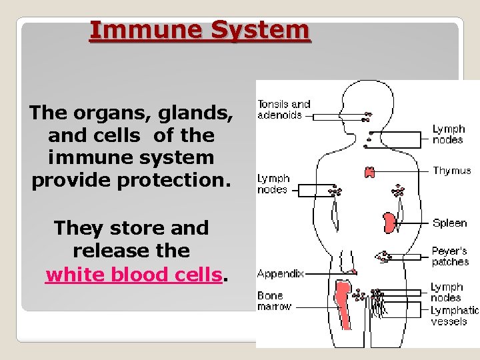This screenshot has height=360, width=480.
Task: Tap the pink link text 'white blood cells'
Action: click(x=133, y=274)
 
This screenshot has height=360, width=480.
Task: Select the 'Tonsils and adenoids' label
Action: click(x=284, y=109)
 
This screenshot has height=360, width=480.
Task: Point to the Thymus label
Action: click(x=451, y=171)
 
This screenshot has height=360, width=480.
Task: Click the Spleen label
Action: click(x=449, y=223)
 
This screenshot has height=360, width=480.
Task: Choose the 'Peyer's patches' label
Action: click(x=450, y=257)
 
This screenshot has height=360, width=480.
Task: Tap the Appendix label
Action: click(x=280, y=273)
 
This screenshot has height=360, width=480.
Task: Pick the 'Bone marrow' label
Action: click(x=273, y=301)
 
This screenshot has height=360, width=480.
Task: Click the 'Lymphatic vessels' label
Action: click(x=454, y=315)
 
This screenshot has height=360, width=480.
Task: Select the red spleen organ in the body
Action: click(x=389, y=221)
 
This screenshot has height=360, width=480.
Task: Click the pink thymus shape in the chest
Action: click(x=369, y=172)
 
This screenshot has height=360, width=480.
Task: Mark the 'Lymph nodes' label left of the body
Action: click(x=273, y=184)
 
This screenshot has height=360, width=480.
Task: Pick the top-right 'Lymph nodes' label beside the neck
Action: click(x=448, y=134)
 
